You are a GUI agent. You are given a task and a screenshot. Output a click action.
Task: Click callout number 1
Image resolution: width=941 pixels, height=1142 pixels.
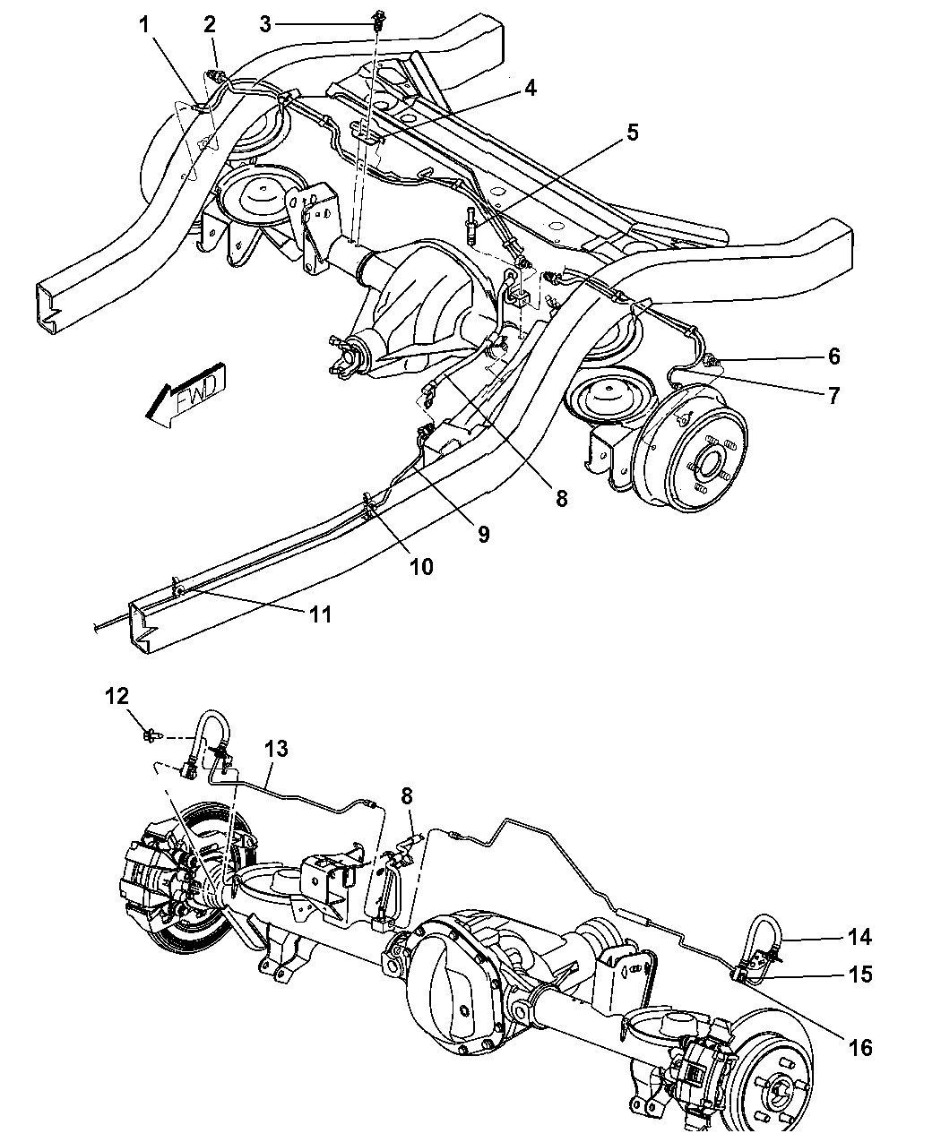144,25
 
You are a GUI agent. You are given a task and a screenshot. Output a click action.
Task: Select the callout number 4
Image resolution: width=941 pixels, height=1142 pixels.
531,88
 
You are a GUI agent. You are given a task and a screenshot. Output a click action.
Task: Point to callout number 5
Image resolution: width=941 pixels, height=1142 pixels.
632,133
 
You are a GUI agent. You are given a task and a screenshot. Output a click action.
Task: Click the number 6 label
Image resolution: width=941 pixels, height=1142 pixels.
833,356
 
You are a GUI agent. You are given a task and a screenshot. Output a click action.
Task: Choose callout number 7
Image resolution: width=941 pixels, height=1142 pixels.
833,395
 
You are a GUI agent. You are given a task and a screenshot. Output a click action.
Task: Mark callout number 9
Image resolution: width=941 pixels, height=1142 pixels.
483,535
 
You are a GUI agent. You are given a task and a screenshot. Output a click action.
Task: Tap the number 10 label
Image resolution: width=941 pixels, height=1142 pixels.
421,566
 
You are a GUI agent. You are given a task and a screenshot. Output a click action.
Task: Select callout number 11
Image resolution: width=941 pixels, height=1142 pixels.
320,614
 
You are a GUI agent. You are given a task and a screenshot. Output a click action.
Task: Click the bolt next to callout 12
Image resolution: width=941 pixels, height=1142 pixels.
150,735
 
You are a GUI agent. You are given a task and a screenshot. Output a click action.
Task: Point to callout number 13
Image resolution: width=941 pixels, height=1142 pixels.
276,749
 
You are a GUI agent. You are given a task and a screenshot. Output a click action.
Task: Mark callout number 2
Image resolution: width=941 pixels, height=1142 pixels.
210,25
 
